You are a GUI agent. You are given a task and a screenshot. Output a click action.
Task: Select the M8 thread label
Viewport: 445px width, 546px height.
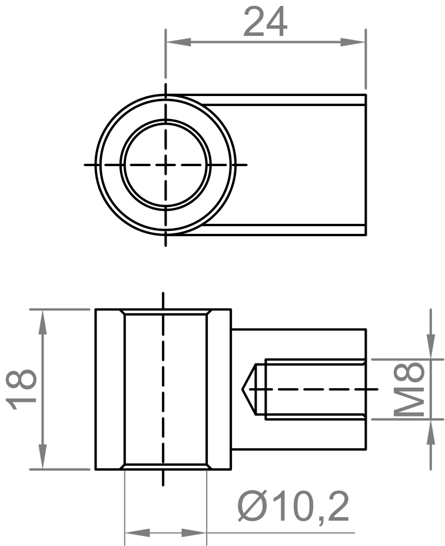409,389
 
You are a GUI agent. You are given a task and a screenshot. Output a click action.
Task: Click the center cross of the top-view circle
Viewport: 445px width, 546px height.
165,165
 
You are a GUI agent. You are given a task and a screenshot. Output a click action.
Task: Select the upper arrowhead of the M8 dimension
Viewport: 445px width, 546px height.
427,348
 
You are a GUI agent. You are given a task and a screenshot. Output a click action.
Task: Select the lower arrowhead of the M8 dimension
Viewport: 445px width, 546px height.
427,431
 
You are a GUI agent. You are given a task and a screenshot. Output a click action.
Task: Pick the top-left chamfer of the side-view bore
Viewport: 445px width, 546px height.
122,312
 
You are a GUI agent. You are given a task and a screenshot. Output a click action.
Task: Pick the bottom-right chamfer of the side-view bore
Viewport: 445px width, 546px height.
210,466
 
